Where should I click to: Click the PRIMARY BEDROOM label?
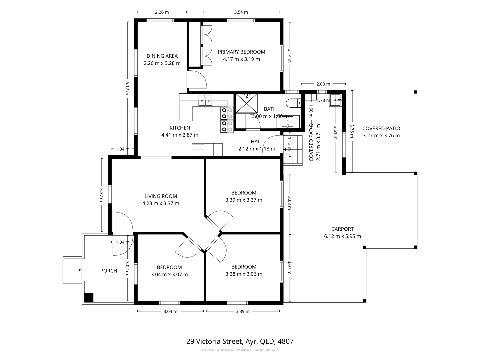click(241, 52)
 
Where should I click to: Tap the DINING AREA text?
click(162, 56)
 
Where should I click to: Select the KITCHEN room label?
click(180, 128)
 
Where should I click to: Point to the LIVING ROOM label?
click(161, 196)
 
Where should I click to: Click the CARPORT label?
click(342, 229)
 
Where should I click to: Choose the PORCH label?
click(109, 271)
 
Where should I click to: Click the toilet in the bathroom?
click(293, 103)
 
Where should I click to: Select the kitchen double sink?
click(205, 101)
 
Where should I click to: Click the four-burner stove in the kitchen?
click(227, 120)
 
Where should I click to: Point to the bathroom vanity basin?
click(287, 122)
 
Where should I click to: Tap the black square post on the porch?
click(89, 297)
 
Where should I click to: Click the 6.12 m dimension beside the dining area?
click(127, 88)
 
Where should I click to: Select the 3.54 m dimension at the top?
click(241, 12)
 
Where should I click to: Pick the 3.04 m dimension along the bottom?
click(170, 311)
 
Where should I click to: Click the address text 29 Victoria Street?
click(240, 341)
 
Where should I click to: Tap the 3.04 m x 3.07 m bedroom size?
click(169, 275)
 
